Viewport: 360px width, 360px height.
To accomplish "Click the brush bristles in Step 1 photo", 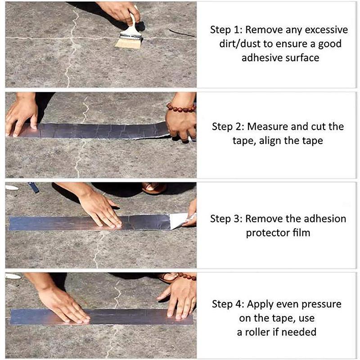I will [x=128, y=43].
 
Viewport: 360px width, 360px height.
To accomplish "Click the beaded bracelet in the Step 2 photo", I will [x=181, y=108].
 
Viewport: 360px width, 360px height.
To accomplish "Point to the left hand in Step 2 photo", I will [x=21, y=115].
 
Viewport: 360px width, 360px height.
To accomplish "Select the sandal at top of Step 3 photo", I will [x=154, y=188].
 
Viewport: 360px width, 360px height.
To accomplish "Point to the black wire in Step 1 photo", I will [x=182, y=33].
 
